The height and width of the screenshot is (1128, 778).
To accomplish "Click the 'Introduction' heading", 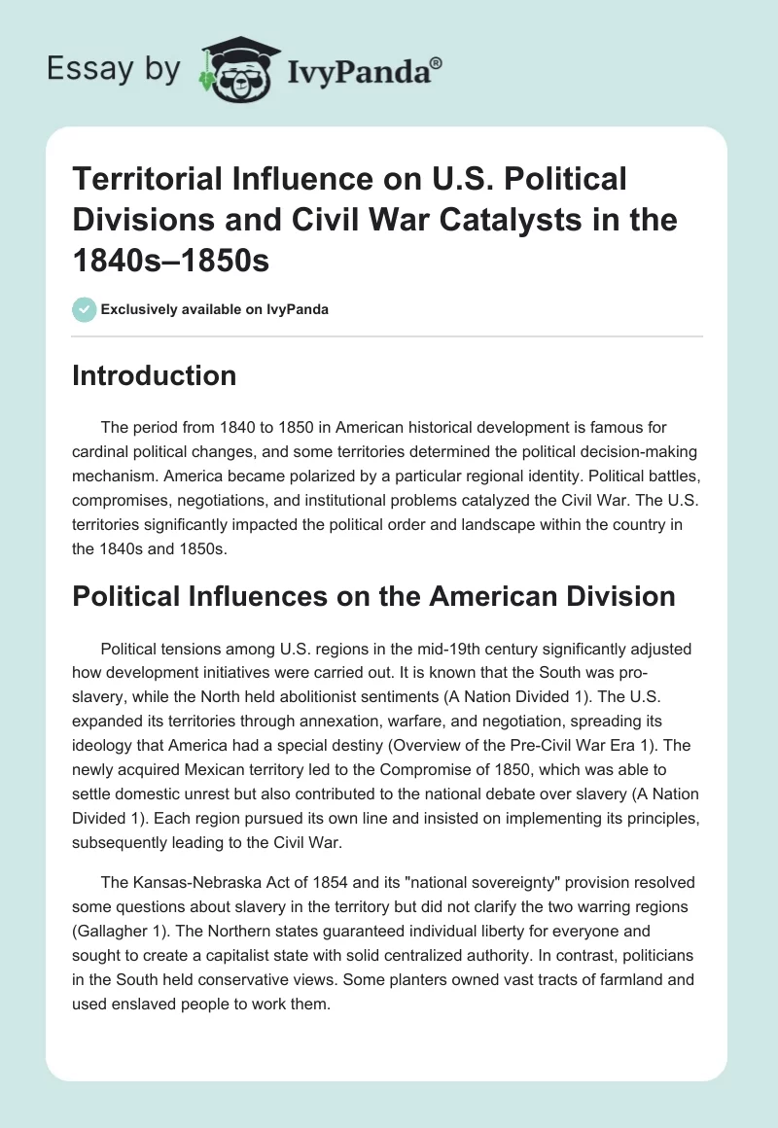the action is tap(154, 376).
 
